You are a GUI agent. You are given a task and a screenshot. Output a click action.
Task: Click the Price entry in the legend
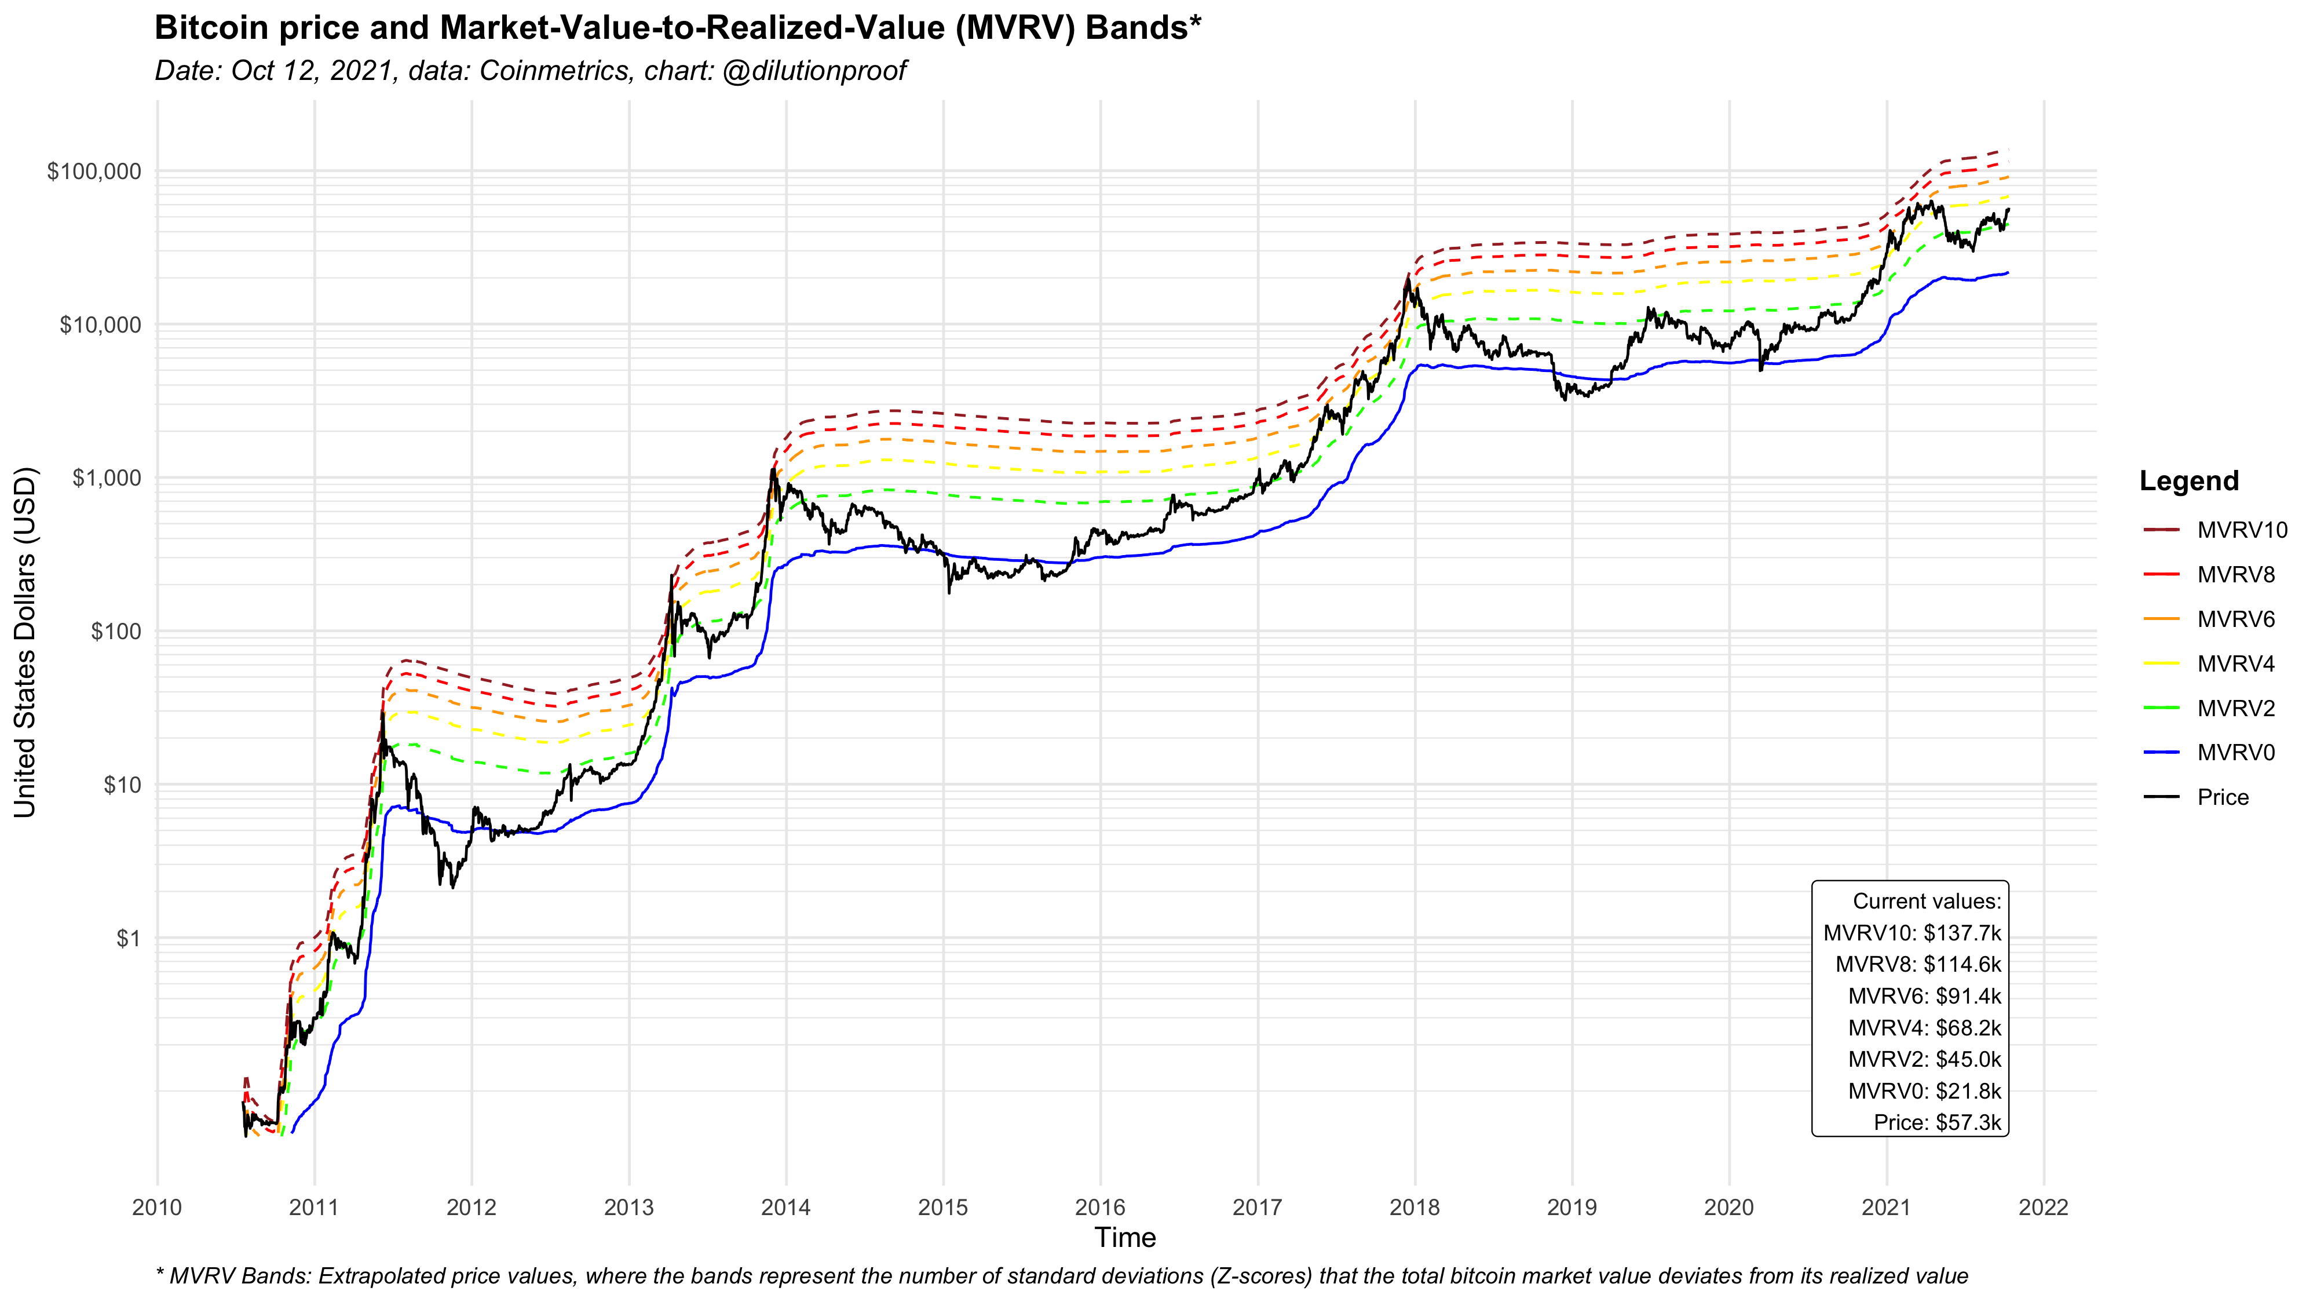pyautogui.click(x=2221, y=797)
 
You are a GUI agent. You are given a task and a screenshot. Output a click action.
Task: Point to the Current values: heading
pyautogui.click(x=1927, y=902)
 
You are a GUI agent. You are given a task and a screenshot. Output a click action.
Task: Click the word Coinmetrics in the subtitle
pyautogui.click(x=554, y=70)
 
